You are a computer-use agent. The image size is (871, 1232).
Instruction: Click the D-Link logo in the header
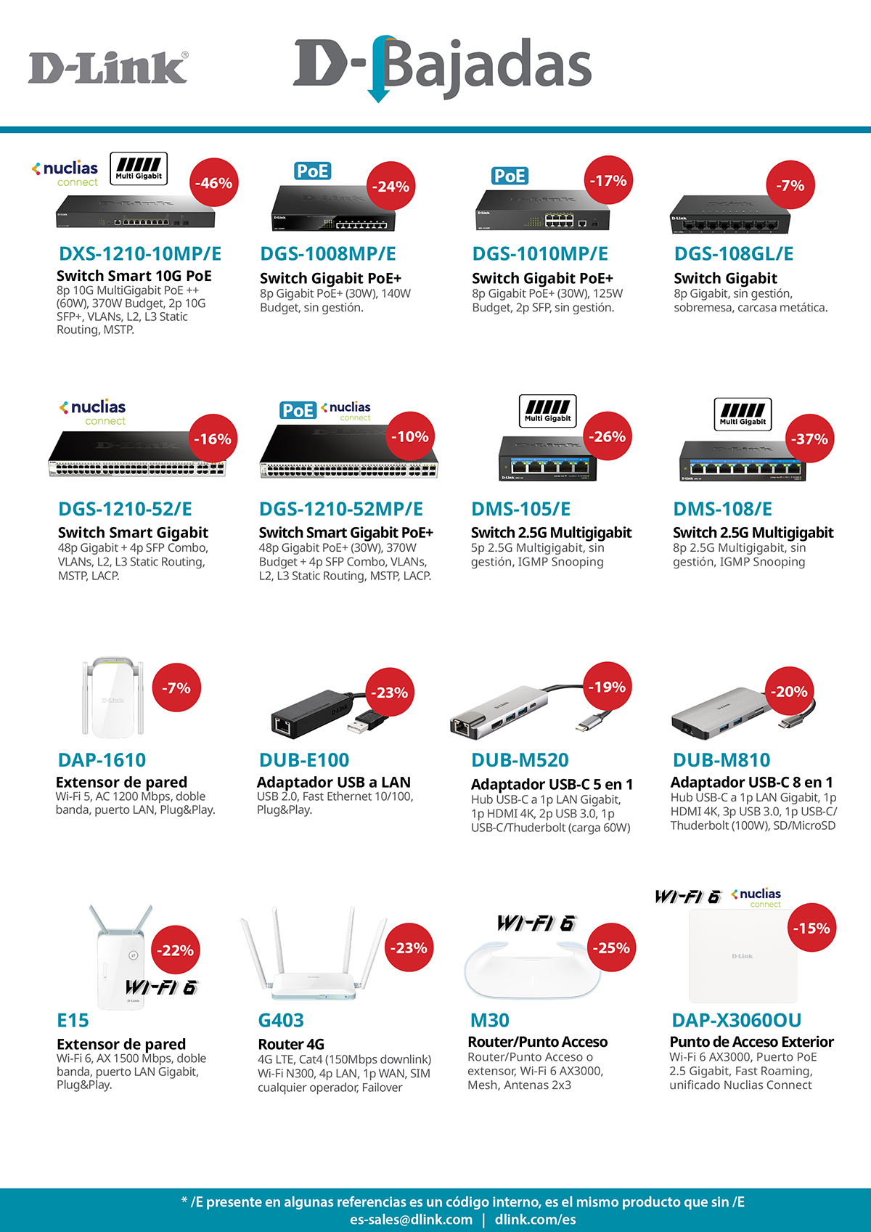point(107,68)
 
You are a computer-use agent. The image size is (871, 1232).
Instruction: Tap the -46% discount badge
point(213,183)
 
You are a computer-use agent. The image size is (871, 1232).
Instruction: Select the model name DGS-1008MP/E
point(328,253)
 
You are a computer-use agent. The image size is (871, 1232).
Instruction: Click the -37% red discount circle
point(809,438)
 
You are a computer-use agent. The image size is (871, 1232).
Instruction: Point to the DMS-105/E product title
point(520,509)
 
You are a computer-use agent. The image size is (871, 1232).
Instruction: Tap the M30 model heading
point(489,1020)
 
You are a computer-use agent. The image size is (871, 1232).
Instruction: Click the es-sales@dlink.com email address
point(412,1220)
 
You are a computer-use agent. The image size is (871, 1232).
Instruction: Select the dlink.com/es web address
point(535,1220)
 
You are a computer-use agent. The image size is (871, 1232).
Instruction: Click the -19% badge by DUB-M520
point(607,686)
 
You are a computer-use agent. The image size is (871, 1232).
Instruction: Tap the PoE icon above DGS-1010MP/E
point(510,176)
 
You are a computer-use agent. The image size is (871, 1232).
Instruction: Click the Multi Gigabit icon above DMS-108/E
point(743,414)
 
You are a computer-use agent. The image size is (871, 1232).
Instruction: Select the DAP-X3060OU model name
point(736,1020)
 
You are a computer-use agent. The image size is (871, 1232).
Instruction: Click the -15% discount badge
point(811,928)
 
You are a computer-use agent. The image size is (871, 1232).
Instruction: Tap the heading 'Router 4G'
point(291,1044)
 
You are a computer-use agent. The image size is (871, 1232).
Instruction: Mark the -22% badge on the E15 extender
point(176,950)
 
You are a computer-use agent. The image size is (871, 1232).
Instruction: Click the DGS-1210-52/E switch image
point(137,454)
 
